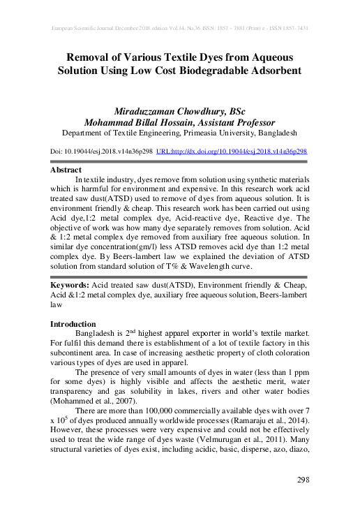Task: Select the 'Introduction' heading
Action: [x=73, y=324]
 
